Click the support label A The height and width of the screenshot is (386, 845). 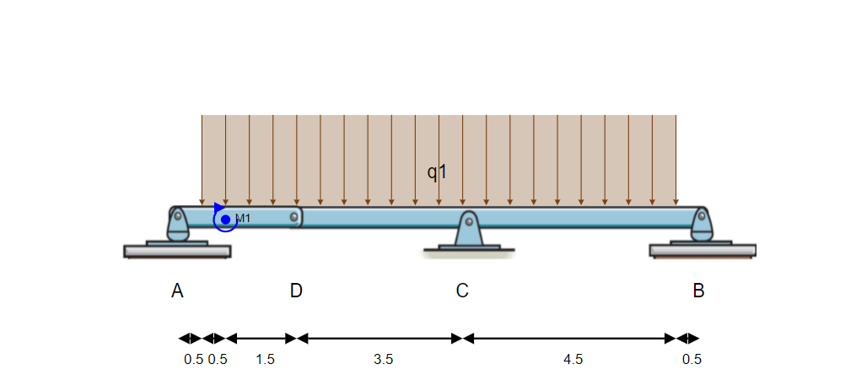click(x=177, y=291)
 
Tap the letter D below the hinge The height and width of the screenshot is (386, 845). click(x=296, y=291)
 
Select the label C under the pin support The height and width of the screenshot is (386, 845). click(x=462, y=291)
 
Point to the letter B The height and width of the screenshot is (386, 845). click(x=698, y=291)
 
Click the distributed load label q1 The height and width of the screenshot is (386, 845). click(x=437, y=172)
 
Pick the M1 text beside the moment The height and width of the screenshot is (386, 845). click(x=243, y=219)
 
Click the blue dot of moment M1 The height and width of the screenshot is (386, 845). click(x=225, y=220)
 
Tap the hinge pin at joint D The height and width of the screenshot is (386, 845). click(x=294, y=217)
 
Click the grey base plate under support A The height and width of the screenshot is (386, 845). click(x=177, y=251)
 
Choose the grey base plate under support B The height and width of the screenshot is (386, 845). click(x=702, y=250)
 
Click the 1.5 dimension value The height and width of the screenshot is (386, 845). click(x=265, y=359)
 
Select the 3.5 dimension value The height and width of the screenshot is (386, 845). click(x=383, y=359)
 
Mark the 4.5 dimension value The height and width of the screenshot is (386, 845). click(x=573, y=359)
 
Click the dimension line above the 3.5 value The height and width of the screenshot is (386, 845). click(x=379, y=339)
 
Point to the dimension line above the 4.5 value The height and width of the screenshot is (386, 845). click(x=570, y=339)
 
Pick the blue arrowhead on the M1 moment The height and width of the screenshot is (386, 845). click(x=219, y=208)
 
